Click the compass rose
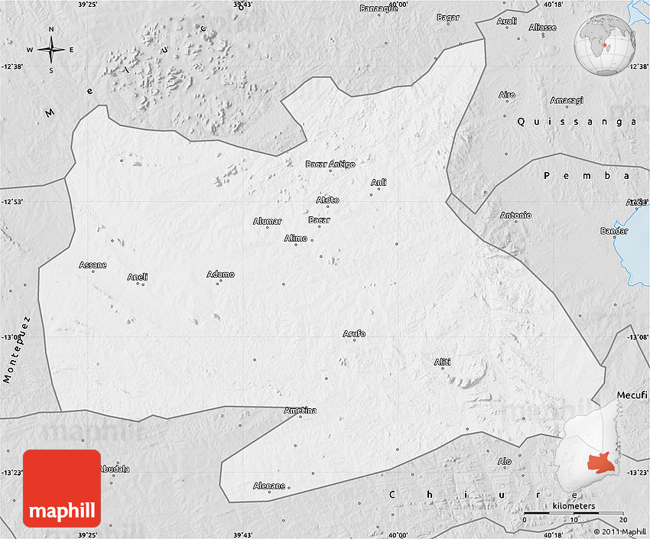(x=51, y=50)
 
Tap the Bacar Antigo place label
(x=330, y=164)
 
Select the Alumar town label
(x=267, y=222)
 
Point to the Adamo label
(x=220, y=274)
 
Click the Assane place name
(x=93, y=265)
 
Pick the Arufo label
(x=354, y=334)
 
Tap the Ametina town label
(x=300, y=411)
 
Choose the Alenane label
(x=269, y=485)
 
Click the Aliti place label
(x=442, y=362)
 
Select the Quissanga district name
(x=574, y=121)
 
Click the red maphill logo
(x=62, y=488)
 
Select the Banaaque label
(x=379, y=8)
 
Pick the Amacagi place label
(x=566, y=100)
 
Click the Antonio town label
(x=515, y=215)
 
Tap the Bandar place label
(x=614, y=231)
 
